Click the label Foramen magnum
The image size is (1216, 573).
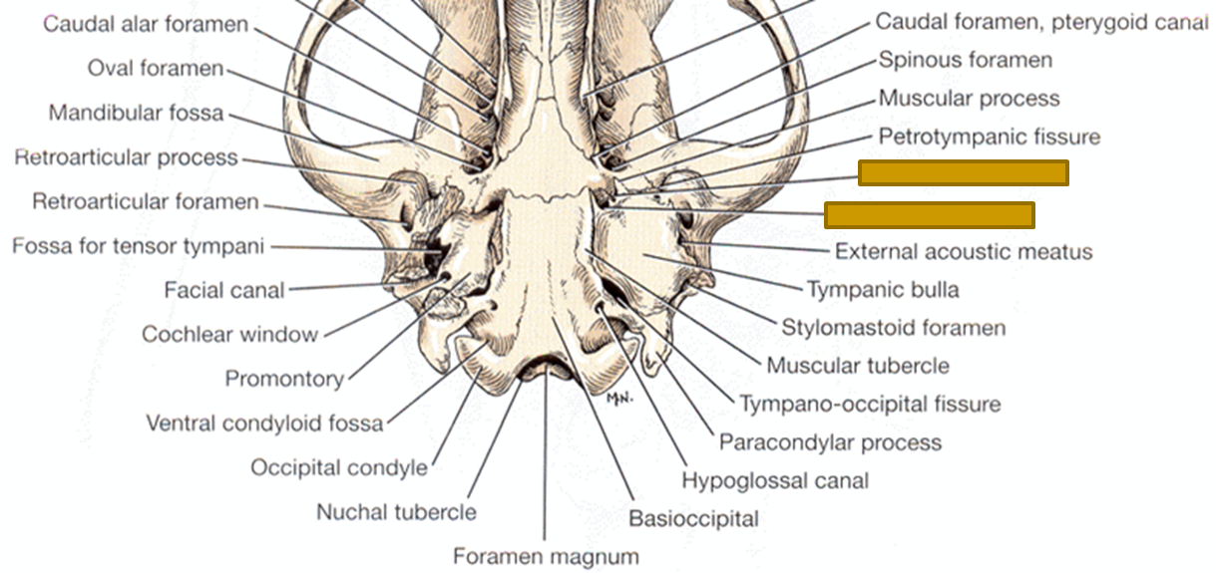click(x=545, y=555)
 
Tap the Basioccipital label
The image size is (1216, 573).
click(x=693, y=518)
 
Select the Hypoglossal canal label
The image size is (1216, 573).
click(x=775, y=480)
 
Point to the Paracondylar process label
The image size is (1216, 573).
click(x=830, y=442)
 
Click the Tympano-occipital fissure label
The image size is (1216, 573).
click(x=869, y=404)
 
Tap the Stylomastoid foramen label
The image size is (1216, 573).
click(x=893, y=327)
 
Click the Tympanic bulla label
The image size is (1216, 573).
click(x=883, y=290)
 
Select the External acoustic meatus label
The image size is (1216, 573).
click(x=963, y=251)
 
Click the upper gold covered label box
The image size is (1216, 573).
click(x=963, y=173)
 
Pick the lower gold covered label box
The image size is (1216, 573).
click(x=929, y=214)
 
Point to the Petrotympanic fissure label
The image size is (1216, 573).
click(x=989, y=137)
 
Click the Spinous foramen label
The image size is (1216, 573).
click(x=965, y=60)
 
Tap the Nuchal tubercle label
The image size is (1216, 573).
click(x=396, y=512)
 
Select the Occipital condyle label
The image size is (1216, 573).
click(x=339, y=467)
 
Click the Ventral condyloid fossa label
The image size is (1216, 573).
click(x=264, y=424)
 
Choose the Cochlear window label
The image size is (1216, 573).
click(x=229, y=335)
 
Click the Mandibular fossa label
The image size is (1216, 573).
click(x=137, y=114)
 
